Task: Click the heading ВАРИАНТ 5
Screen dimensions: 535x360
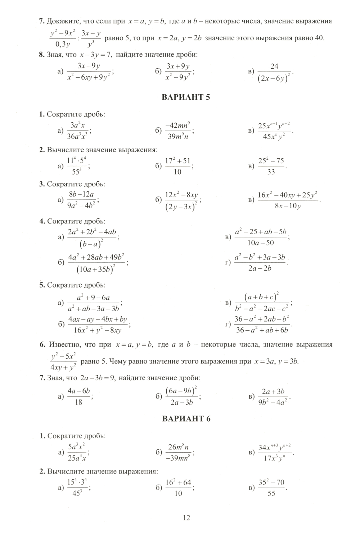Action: pos(186,97)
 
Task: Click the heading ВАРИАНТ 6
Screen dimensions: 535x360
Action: pos(186,418)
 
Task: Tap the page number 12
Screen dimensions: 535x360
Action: pos(186,518)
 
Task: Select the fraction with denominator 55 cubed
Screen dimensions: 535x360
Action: pos(77,166)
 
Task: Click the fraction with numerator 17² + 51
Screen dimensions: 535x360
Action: pos(177,166)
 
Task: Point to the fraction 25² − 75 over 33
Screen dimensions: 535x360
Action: pos(271,166)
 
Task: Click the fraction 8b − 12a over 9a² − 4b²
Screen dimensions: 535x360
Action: pos(81,200)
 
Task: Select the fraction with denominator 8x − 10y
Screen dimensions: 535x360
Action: pos(287,200)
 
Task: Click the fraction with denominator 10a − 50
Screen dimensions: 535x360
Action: pos(261,237)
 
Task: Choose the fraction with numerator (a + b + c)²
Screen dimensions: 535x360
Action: pos(262,303)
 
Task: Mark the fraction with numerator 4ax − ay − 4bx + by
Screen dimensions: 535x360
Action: pos(98,325)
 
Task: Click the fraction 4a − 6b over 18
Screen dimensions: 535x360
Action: pos(78,396)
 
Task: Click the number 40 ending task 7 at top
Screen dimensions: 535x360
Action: pos(319,38)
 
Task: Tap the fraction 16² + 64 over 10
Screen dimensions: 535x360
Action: pos(178,488)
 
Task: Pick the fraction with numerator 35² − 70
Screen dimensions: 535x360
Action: pos(271,488)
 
